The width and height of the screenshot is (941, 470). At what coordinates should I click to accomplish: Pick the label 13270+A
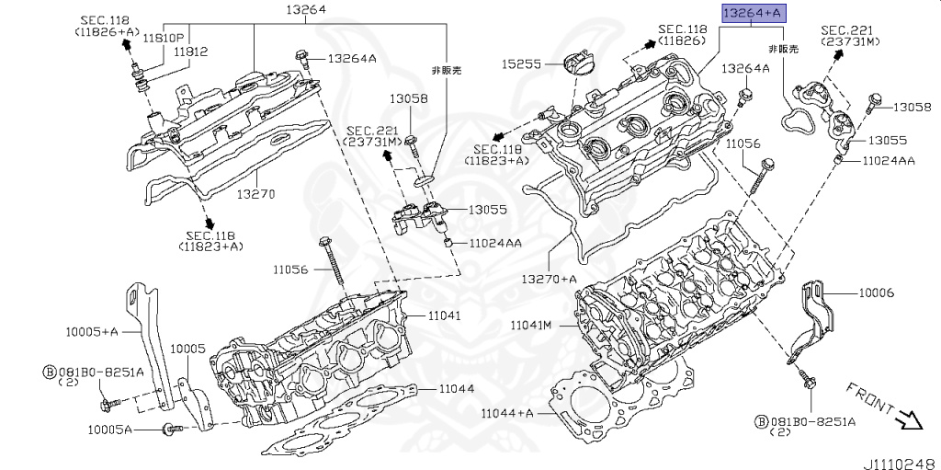pyautogui.click(x=549, y=279)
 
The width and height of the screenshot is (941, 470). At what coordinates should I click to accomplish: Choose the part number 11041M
pyautogui.click(x=531, y=326)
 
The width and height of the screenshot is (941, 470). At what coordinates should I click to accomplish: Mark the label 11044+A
pyautogui.click(x=507, y=413)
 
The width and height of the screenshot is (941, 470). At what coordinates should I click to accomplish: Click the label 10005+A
pyautogui.click(x=91, y=330)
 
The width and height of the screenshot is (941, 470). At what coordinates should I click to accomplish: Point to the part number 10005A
pyautogui.click(x=110, y=430)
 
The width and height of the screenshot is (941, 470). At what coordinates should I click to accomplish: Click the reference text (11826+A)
pyautogui.click(x=106, y=31)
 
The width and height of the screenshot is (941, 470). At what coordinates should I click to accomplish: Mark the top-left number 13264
pyautogui.click(x=306, y=10)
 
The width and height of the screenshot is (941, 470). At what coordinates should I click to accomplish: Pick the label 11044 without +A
pyautogui.click(x=456, y=388)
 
